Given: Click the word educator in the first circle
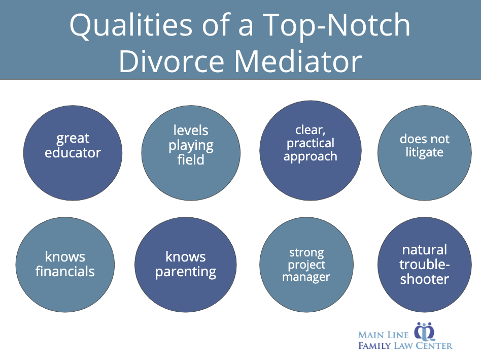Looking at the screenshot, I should pos(73,152).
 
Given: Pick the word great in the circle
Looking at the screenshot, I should pos(73,139).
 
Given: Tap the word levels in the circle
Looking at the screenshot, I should pos(191,130).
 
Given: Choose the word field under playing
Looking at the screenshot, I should pos(191,160).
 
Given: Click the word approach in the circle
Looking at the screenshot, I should pos(310,156).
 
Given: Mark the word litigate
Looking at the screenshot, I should pos(424,152).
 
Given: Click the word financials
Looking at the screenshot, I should pos(65,271).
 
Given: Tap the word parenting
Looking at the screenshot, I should pos(186,271).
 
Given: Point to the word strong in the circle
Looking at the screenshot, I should pos(306,252).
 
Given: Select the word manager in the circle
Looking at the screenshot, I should pos(306,277).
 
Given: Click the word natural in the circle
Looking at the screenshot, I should pos(425,250).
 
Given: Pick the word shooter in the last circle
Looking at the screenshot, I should pos(425,279).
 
